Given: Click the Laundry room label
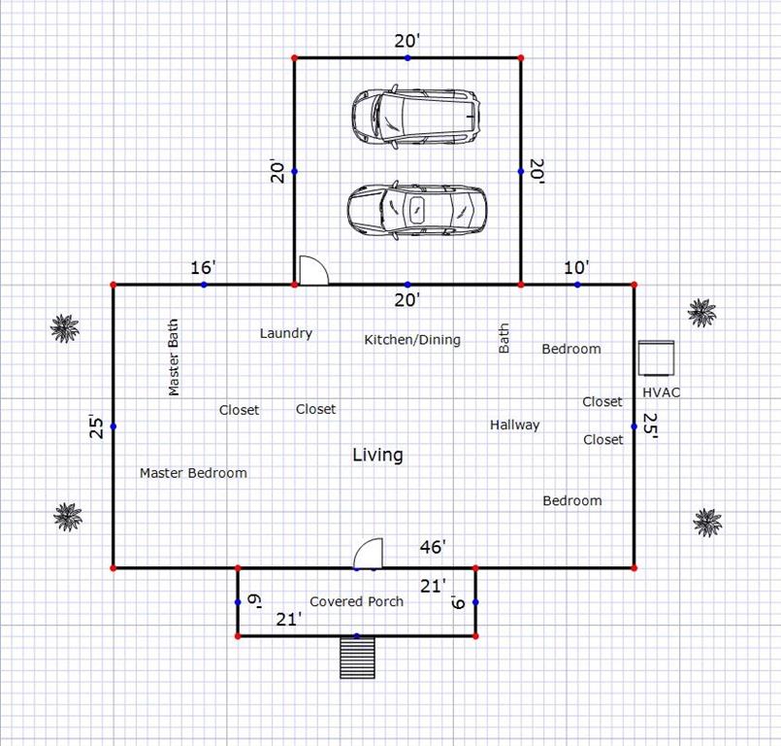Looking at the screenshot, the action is coord(286,333).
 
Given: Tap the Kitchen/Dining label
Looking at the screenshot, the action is coord(412,340).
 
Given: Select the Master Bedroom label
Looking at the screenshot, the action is coord(193,473).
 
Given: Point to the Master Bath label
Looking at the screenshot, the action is coord(174,357).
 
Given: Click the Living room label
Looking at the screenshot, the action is coord(377,455).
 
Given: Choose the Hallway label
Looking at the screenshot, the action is coord(514,424).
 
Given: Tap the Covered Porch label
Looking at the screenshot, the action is coord(357,601).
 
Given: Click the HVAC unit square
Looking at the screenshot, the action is coord(657,357).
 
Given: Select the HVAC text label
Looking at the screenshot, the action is coord(661,392).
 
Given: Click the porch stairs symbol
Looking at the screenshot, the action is coord(357,658).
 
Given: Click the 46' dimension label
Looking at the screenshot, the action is coord(433,547).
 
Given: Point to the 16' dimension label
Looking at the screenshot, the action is coord(203,267).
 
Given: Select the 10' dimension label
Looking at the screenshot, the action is coord(576,267).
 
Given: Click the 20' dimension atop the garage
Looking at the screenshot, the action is coord(407,41).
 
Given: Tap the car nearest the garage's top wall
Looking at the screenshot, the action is coord(416,117).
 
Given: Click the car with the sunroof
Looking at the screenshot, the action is coord(417,210).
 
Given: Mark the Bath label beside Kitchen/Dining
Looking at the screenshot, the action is coord(504,338).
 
